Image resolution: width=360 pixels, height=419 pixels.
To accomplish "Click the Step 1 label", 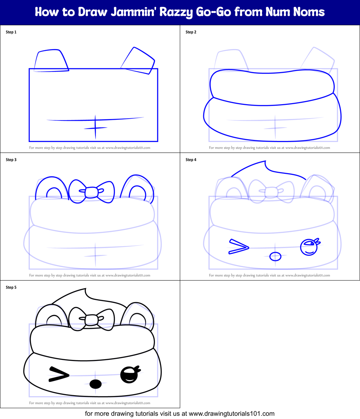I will (11, 32).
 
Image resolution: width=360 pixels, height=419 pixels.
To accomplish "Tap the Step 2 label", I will (191, 32).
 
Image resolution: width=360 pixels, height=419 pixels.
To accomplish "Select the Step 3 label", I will (11, 160).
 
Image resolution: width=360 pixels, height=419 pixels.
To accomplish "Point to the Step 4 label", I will (191, 160).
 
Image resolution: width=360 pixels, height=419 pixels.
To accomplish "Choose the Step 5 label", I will (11, 287).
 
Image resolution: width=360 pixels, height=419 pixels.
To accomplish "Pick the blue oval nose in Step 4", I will (275, 256).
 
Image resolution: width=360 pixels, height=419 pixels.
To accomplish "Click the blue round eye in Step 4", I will (308, 247).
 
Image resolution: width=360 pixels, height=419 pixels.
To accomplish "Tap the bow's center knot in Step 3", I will (92, 192).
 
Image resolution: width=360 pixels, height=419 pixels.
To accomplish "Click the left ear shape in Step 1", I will (51, 61).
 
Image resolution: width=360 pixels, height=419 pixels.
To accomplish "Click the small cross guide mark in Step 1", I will (95, 127).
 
